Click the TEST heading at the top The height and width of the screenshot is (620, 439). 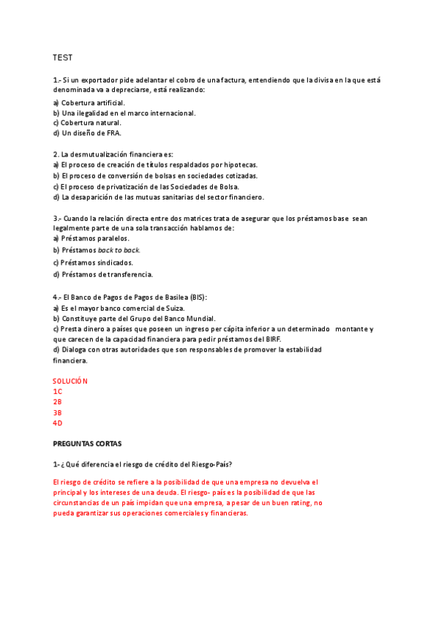click(62, 57)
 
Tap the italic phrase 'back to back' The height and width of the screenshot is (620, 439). click(119, 250)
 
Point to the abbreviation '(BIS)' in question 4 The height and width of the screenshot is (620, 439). click(198, 298)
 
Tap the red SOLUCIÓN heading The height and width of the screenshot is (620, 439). click(70, 381)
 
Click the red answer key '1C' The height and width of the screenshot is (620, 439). click(58, 391)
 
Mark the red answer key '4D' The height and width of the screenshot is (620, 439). click(58, 423)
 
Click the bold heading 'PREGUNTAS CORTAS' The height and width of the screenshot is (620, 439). click(87, 444)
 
